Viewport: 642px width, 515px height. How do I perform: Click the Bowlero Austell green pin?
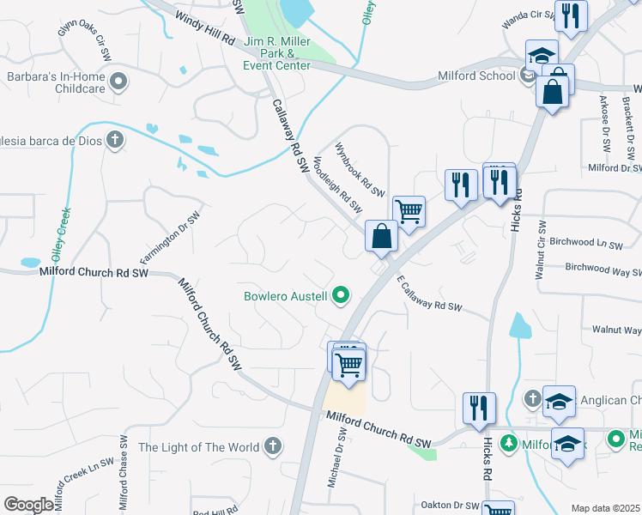[341, 296]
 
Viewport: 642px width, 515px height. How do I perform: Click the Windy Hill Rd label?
[205, 28]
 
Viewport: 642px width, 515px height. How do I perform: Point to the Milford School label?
[475, 75]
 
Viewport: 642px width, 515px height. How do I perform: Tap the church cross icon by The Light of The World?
[272, 446]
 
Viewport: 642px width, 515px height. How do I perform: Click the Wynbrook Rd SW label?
[360, 168]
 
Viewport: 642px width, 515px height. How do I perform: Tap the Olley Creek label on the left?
[60, 233]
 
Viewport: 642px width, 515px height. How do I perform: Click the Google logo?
[29, 505]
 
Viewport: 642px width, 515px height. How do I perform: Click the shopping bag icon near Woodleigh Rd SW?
[381, 235]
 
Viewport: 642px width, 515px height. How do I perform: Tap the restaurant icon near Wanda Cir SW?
[571, 15]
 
